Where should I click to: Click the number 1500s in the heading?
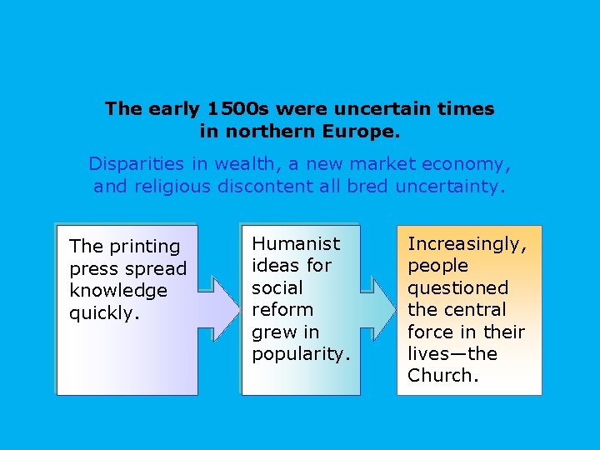[239, 109]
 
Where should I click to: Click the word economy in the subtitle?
[469, 164]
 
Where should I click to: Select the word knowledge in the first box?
[118, 291]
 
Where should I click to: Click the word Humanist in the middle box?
[296, 243]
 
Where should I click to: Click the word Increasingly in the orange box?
[467, 244]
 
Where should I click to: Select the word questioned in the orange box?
[457, 287]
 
